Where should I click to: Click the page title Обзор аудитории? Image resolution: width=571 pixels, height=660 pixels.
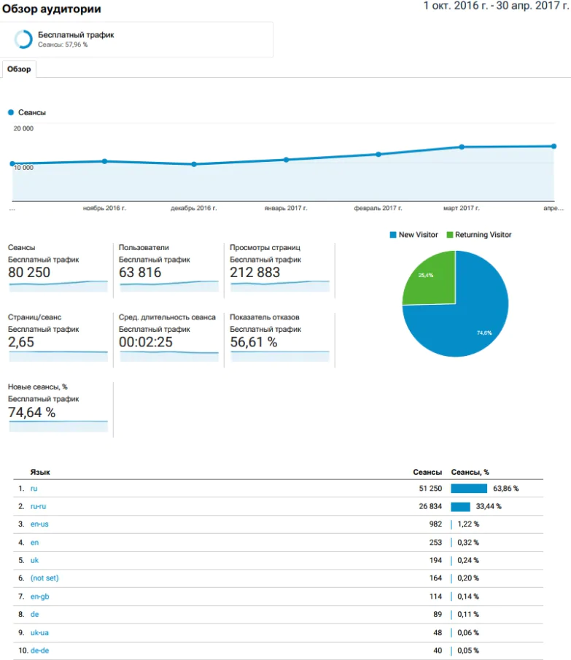tap(52, 9)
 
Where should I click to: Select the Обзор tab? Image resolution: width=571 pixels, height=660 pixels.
tap(19, 69)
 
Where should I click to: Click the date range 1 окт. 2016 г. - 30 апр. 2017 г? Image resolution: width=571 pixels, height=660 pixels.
tap(496, 6)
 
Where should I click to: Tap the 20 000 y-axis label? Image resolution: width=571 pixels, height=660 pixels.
tap(23, 128)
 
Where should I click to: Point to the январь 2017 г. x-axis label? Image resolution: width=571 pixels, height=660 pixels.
tap(286, 209)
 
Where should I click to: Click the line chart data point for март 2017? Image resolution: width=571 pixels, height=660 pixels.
tap(462, 147)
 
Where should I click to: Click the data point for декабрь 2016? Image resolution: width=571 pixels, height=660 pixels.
tap(194, 164)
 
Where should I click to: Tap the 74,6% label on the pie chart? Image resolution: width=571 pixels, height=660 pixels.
tap(484, 333)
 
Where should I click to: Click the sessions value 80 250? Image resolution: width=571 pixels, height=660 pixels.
tap(29, 273)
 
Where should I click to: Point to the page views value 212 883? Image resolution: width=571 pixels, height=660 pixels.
tap(255, 273)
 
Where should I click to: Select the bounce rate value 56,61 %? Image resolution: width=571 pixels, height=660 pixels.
tap(253, 343)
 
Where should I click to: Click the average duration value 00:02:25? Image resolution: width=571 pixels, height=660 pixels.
tap(145, 343)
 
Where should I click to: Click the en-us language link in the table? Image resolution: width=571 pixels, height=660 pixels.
tap(39, 524)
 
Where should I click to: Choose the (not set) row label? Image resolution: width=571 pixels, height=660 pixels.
tap(44, 578)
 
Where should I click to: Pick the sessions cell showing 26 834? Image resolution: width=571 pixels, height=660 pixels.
tap(427, 506)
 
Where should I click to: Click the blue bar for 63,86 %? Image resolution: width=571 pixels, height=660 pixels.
tap(469, 488)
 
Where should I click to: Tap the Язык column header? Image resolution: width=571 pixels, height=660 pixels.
tap(40, 473)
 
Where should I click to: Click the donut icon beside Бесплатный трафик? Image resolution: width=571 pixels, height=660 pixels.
tap(23, 39)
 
